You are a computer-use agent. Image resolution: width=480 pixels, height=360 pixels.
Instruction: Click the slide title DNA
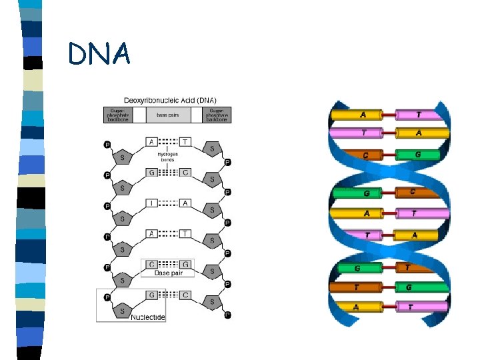point(99,55)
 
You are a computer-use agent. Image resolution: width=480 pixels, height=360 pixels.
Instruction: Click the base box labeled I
point(151,203)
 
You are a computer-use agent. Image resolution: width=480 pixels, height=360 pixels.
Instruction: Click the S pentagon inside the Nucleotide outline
point(121,311)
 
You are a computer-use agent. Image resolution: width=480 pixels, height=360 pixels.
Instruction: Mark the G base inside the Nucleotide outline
point(151,295)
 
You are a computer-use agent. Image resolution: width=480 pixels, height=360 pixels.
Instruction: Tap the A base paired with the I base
point(185,203)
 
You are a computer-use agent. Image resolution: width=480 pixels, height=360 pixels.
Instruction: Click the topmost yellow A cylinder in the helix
point(359,115)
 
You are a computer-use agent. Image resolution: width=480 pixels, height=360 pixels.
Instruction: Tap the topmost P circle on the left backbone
point(107,144)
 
